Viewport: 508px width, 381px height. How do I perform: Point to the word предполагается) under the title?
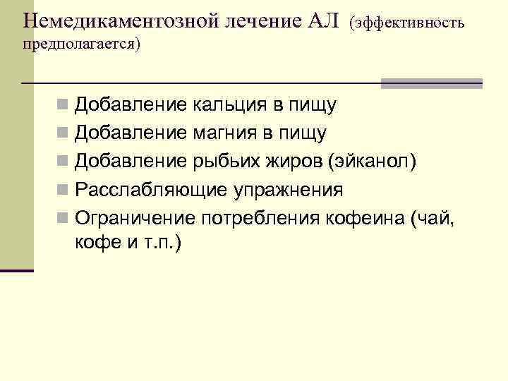click(82, 44)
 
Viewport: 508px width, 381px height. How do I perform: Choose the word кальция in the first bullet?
click(229, 106)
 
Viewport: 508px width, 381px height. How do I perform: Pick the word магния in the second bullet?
click(226, 133)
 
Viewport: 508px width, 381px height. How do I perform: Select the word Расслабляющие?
click(151, 190)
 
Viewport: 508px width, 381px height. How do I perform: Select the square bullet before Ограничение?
click(64, 219)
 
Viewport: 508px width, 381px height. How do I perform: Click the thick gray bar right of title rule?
click(431, 83)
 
